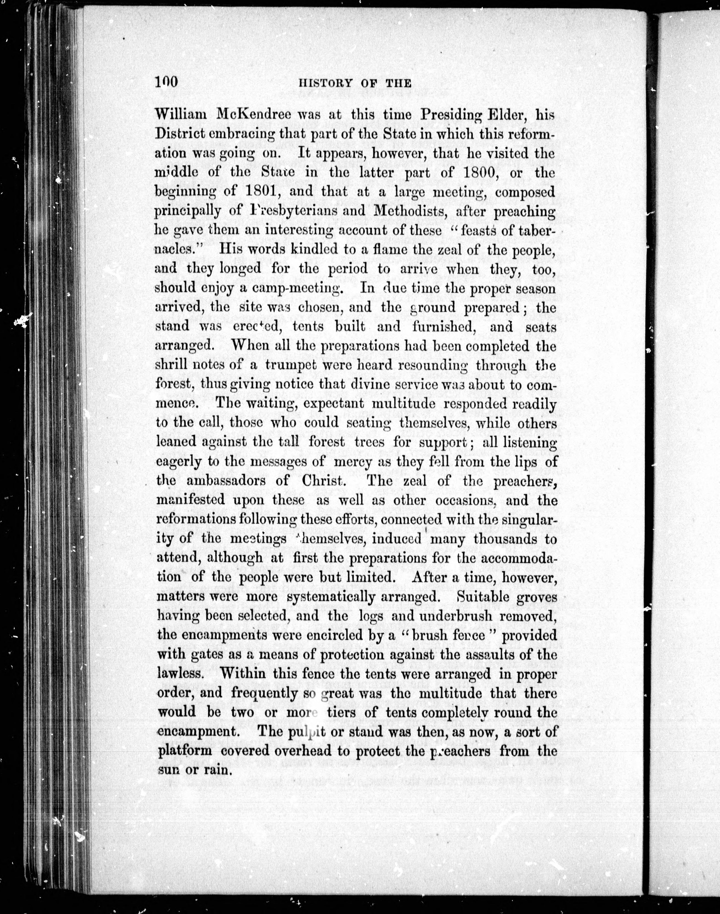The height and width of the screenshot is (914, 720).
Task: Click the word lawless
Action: [x=179, y=673]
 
